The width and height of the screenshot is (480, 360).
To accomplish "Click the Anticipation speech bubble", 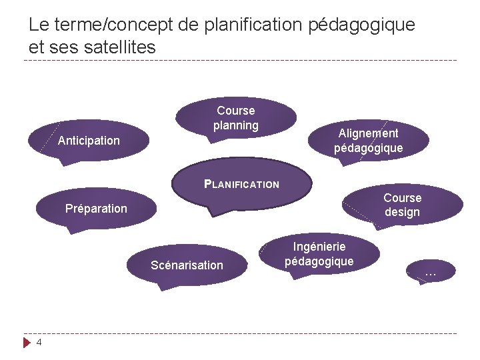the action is (89, 141).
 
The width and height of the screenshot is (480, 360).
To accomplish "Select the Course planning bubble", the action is (236, 118).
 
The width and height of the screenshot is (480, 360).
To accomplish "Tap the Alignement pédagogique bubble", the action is (368, 141).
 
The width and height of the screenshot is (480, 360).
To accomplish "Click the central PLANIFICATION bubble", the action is (241, 184).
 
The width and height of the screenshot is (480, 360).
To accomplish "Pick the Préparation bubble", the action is (96, 209).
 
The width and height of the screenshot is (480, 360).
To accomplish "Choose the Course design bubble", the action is (402, 205).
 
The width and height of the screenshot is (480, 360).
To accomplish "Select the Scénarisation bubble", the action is (187, 265).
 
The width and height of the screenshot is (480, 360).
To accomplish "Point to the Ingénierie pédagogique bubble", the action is (319, 254).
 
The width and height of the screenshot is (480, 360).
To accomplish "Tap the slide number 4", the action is (39, 342).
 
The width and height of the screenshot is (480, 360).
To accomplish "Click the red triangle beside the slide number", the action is (27, 343).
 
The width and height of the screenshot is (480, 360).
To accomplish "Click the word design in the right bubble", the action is (402, 213).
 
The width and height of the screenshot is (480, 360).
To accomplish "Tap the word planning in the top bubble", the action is (236, 125).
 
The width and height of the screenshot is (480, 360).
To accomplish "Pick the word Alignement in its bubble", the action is (368, 133).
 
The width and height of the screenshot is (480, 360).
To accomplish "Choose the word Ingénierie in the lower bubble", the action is (319, 247).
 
